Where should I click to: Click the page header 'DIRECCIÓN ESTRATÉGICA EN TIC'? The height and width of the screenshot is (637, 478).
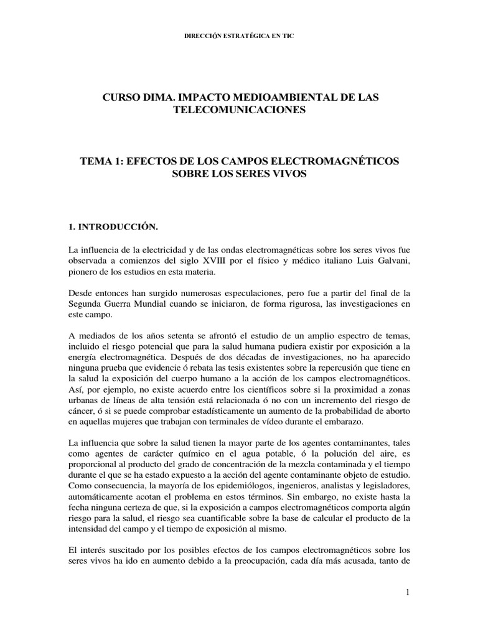(x=238, y=36)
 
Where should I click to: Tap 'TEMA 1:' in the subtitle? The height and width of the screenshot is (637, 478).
(x=101, y=161)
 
